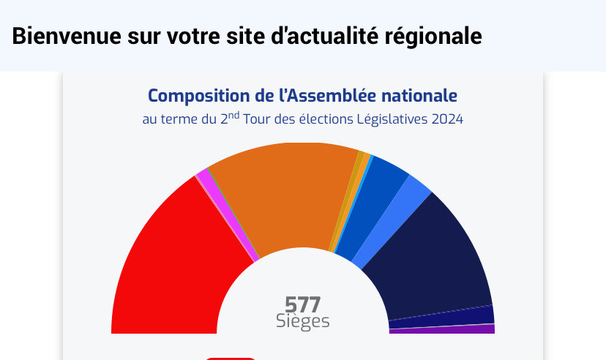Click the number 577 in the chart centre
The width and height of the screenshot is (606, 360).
pos(303,304)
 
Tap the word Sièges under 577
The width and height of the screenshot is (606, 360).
pos(303,321)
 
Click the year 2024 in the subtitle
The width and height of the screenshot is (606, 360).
pos(447,119)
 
